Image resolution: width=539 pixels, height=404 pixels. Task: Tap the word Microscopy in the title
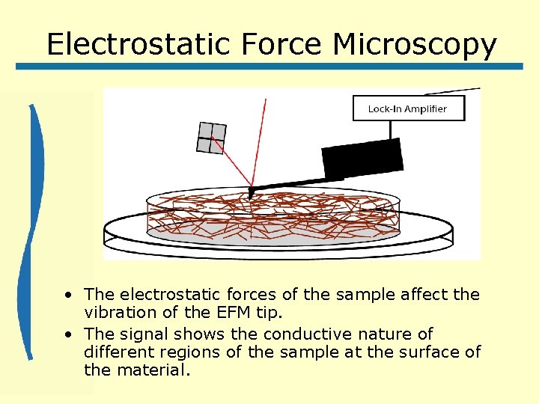point(415,44)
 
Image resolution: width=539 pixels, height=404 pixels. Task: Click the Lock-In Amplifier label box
point(408,108)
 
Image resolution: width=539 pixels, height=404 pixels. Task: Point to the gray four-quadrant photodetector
point(211,138)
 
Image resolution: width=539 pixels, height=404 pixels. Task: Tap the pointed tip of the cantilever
point(251,196)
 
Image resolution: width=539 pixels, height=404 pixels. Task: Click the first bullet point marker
point(68,295)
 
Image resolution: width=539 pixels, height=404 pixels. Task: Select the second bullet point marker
point(68,334)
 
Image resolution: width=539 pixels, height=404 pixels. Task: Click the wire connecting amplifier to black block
point(389,129)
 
